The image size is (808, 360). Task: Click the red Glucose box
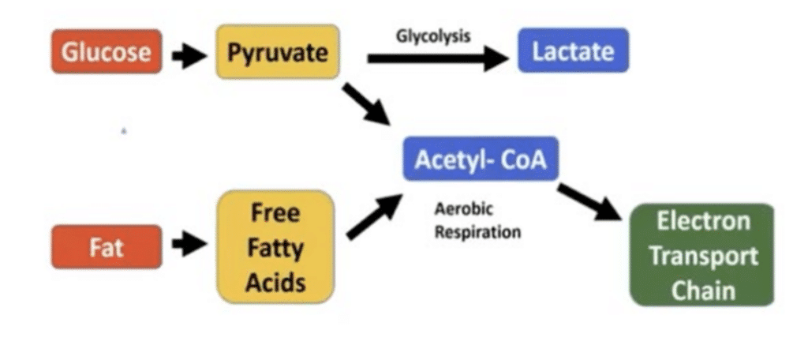(x=107, y=52)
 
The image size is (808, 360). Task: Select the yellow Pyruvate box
(x=278, y=52)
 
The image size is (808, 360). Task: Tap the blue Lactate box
(x=573, y=52)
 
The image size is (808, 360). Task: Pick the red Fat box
(x=107, y=247)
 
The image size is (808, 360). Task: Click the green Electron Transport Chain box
(x=702, y=255)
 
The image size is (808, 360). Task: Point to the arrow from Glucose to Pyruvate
(x=189, y=54)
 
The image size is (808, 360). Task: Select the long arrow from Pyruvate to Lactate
(x=438, y=58)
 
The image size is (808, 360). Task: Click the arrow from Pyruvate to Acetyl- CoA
(x=365, y=103)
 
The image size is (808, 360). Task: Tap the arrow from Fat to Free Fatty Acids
(x=189, y=246)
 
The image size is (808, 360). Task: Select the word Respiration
(x=477, y=233)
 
